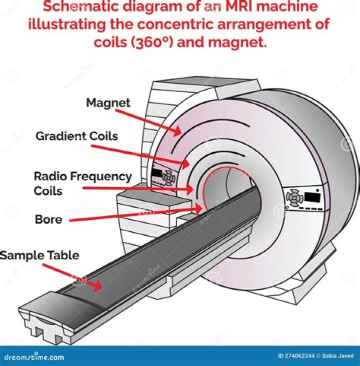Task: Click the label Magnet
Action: [108, 103]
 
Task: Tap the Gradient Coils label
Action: [76, 136]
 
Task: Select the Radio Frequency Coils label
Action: [82, 183]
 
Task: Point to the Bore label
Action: [48, 219]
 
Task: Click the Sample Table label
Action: [39, 255]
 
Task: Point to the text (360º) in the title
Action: [148, 42]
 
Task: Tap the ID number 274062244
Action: [294, 356]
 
